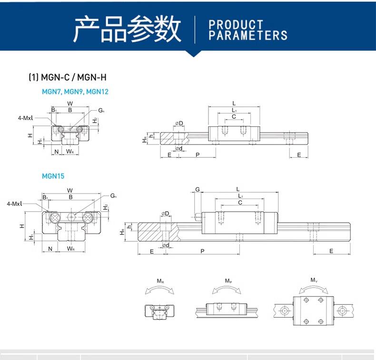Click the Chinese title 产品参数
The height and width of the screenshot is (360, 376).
click(127, 29)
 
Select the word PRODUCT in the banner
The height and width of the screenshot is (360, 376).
click(236, 24)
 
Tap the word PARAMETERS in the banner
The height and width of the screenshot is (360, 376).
click(248, 35)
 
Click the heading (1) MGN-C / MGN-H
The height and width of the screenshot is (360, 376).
click(70, 77)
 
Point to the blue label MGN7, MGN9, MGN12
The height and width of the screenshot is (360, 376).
click(75, 91)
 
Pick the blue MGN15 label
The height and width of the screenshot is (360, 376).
click(53, 175)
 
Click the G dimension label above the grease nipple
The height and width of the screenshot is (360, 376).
click(198, 189)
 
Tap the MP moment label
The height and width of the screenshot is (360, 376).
click(228, 281)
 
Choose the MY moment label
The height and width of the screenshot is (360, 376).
click(314, 280)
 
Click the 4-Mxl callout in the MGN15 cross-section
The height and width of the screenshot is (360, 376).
click(15, 204)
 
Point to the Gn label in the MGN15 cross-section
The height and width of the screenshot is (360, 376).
click(113, 195)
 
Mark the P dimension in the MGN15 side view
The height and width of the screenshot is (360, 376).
click(202, 251)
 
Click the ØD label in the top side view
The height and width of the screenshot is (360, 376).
click(179, 123)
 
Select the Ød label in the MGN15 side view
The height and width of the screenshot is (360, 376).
click(166, 245)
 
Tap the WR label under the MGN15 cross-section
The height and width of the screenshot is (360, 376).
click(70, 248)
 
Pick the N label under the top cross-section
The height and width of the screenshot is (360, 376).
click(57, 152)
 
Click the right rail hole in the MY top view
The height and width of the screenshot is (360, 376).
click(341, 310)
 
